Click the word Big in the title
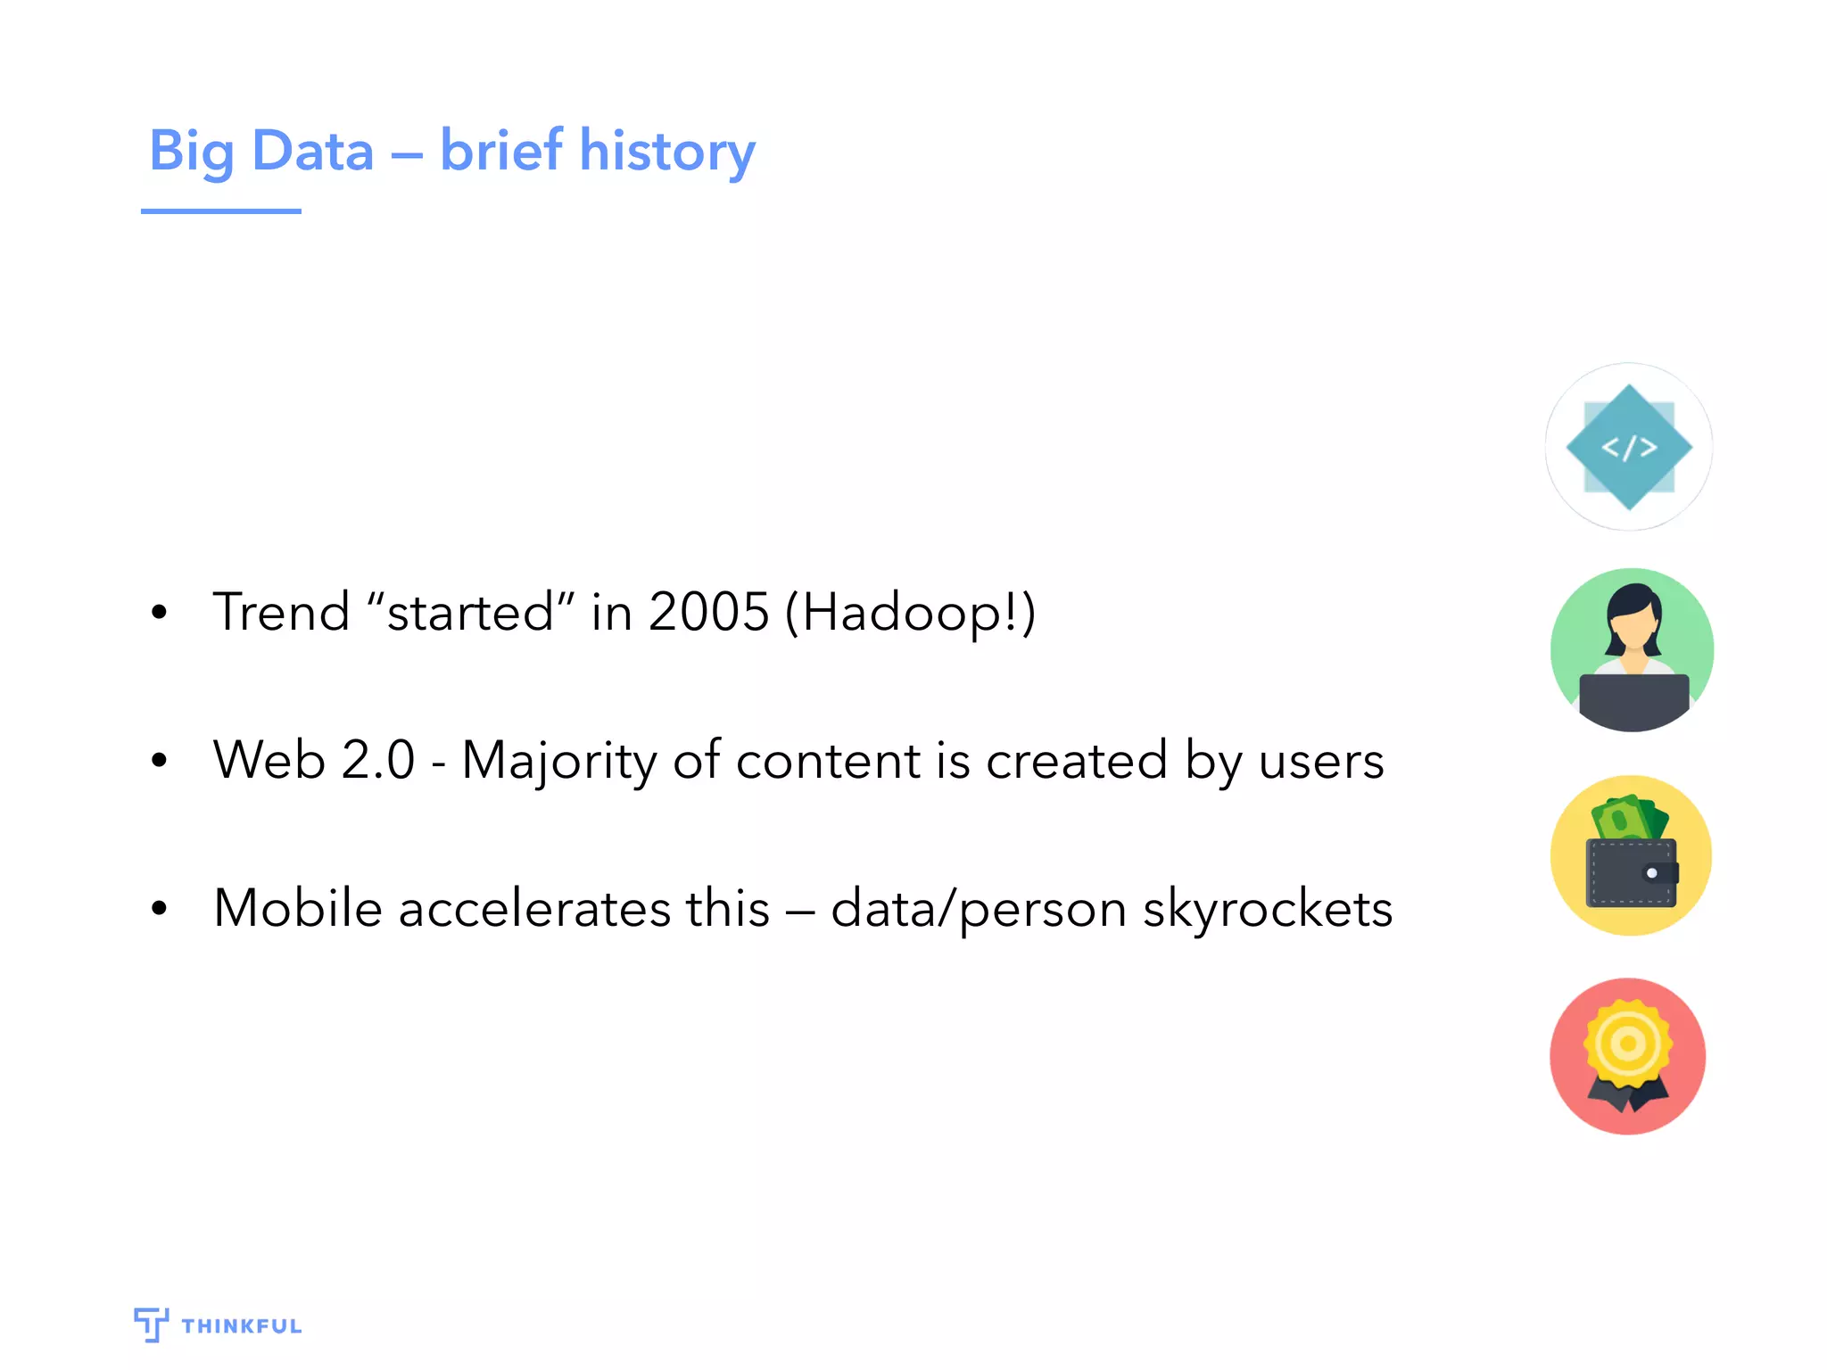click(x=192, y=151)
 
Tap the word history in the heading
click(x=667, y=151)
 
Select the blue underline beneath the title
click(x=220, y=211)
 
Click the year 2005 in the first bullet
click(x=708, y=612)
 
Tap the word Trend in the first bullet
click(x=281, y=612)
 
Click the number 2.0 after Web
click(x=377, y=761)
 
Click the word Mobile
click(x=298, y=908)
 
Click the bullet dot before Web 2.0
click(x=160, y=761)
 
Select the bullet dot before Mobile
click(x=160, y=909)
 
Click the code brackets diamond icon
click(x=1629, y=447)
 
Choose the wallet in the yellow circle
click(x=1631, y=872)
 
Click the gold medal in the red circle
click(x=1628, y=1044)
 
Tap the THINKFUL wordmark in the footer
click(x=241, y=1326)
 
